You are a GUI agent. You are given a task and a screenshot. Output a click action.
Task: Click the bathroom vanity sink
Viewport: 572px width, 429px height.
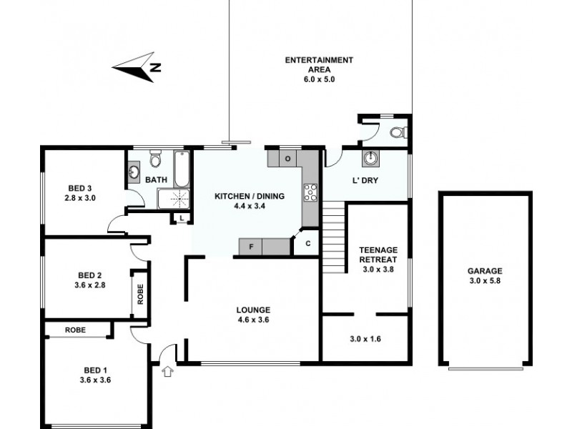134,172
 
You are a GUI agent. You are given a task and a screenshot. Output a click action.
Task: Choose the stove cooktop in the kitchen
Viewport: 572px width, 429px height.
312,191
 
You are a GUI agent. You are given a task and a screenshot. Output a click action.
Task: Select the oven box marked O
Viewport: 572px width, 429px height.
287,158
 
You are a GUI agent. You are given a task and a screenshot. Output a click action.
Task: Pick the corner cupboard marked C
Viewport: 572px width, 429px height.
307,244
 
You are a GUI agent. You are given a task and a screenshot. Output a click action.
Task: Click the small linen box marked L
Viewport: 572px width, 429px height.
182,218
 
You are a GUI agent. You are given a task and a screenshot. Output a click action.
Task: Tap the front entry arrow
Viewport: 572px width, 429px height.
169,371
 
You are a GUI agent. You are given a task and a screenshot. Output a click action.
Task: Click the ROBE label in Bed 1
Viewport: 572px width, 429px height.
77,330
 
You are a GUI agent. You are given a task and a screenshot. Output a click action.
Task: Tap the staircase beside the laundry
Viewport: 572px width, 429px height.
333,233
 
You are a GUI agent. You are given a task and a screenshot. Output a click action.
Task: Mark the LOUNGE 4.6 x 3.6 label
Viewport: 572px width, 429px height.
254,314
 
